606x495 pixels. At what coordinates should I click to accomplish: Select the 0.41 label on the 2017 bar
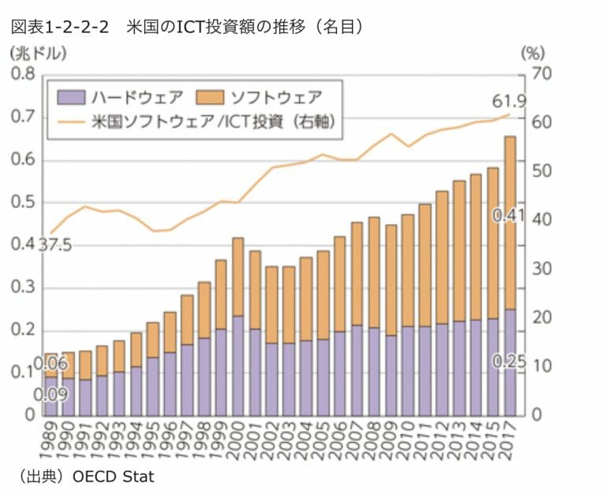tap(509, 215)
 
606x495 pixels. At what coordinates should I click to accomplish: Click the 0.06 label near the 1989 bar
tap(50, 364)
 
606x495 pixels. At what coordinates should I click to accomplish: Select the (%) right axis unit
tap(533, 54)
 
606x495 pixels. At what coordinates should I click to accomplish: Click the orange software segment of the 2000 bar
tap(238, 276)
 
